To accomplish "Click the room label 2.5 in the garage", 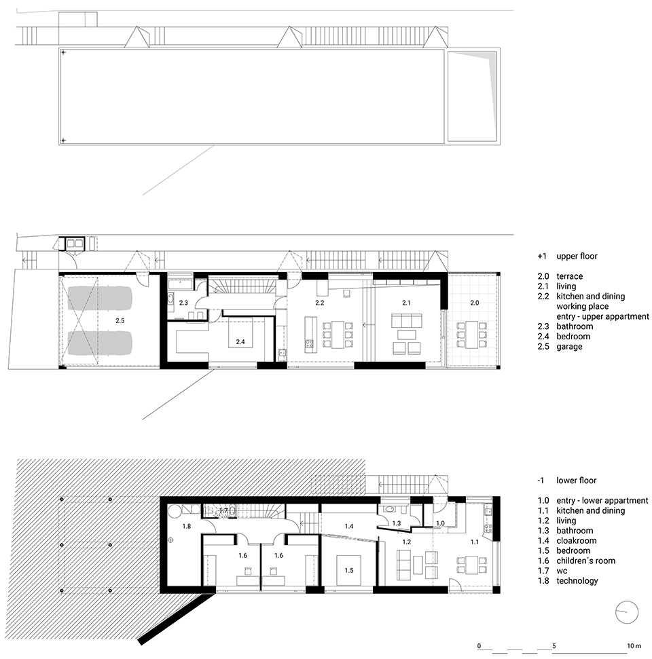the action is [120, 320].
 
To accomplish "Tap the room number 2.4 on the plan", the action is [240, 341].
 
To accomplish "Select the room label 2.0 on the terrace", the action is [475, 303].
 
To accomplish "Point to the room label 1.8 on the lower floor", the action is [186, 526].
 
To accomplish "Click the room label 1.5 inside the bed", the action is [348, 570].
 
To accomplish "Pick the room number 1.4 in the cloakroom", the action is [348, 526].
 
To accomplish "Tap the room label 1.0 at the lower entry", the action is [440, 523].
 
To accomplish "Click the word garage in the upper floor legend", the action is [569, 347].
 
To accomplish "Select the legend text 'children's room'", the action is [585, 561].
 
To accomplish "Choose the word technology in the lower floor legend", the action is [577, 581].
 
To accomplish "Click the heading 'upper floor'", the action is [577, 256].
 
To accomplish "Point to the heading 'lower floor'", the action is [577, 481].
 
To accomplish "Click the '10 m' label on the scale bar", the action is [634, 646].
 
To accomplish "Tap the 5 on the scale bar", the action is [554, 646].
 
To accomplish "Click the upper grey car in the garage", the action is [100, 297].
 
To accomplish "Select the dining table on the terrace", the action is [471, 335].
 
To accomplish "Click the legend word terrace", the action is [570, 276].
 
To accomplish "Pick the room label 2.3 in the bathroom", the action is [183, 303].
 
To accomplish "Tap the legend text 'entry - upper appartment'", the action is [602, 316].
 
